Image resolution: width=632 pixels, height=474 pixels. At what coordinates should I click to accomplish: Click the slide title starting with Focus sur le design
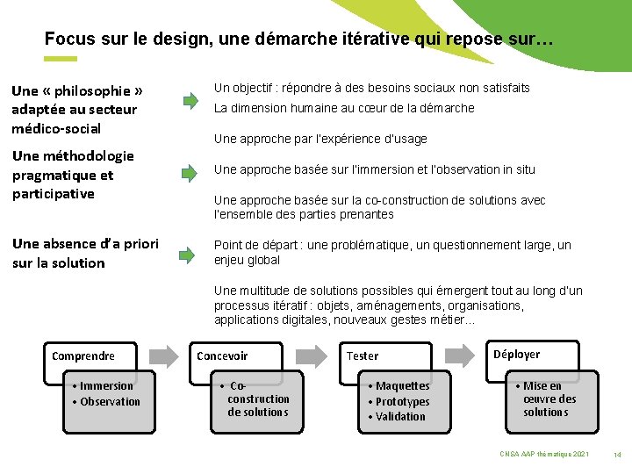click(x=298, y=39)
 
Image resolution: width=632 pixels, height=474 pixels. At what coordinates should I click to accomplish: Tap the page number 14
click(x=617, y=454)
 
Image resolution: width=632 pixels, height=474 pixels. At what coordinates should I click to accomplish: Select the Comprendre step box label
click(x=83, y=355)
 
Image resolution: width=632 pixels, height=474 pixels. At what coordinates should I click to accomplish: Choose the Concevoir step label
click(x=222, y=355)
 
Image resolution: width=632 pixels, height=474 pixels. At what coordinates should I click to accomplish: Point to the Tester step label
click(x=363, y=355)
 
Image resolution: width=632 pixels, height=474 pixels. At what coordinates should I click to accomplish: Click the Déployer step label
click(x=516, y=354)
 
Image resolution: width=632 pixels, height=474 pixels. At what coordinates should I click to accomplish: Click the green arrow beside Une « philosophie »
click(x=190, y=100)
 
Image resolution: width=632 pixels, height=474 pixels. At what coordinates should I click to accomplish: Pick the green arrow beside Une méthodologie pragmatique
click(x=190, y=172)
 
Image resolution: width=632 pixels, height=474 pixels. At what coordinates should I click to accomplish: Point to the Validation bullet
click(x=400, y=416)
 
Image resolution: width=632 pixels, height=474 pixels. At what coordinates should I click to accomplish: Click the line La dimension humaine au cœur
click(x=344, y=108)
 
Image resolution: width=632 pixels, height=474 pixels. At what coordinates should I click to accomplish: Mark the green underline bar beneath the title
click(x=61, y=59)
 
